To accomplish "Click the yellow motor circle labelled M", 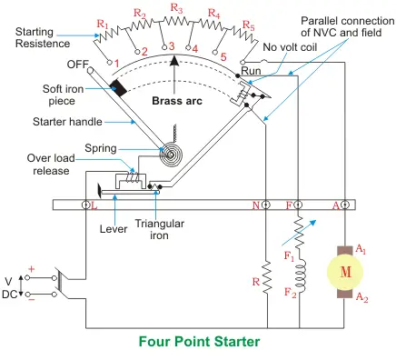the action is tap(345, 272).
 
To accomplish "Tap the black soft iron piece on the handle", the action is tap(118, 88).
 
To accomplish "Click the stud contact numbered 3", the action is tap(165, 47).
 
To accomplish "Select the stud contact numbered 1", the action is tap(110, 63).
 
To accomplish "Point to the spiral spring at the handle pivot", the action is tap(171, 155).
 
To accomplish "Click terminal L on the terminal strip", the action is tap(85, 205).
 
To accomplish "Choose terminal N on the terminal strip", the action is tap(266, 205).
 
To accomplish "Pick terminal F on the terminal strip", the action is tap(298, 205).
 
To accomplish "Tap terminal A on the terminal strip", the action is tap(344, 205).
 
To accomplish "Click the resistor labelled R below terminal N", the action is tap(267, 276).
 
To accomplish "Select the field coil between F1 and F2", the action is tap(301, 277).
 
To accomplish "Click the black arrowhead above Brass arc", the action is tap(174, 60).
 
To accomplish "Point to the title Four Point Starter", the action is tap(199, 342).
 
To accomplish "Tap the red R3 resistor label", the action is tap(176, 8).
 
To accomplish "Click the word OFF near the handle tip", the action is tap(77, 65).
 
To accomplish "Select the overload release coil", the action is tap(134, 177).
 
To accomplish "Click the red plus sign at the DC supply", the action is tap(31, 269).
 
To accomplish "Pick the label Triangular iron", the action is tap(160, 229).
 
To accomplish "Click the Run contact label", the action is tap(251, 71).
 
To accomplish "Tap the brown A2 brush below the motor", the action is tap(345, 293).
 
